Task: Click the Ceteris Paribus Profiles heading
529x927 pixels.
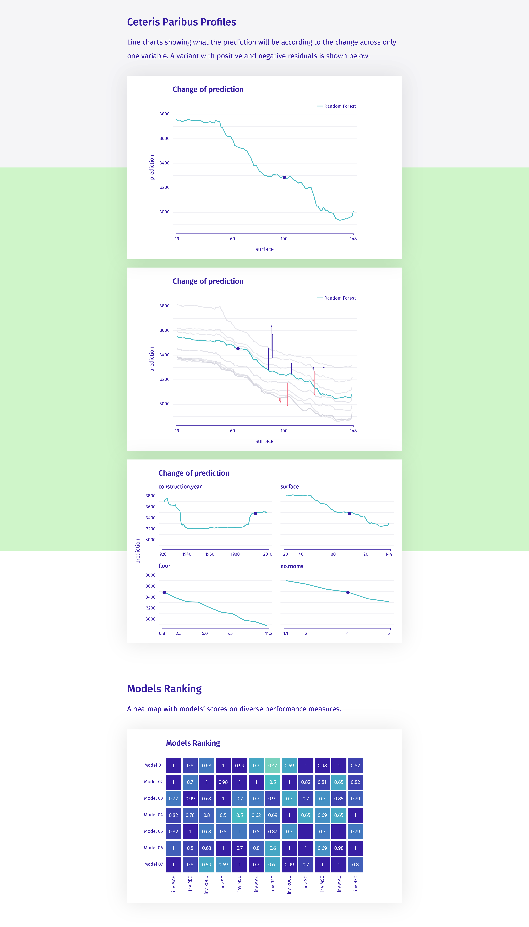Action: coord(181,22)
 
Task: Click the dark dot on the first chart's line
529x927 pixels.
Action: coord(284,177)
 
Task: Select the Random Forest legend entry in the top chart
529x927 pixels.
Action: coord(336,106)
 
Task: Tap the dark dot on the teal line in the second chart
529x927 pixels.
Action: coord(238,349)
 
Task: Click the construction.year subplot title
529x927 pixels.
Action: coord(180,486)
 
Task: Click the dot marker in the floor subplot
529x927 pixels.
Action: coord(164,592)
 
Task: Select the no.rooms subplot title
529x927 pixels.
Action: coord(292,566)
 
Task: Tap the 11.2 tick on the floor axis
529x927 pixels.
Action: coord(269,633)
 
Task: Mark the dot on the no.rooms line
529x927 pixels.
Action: coord(348,592)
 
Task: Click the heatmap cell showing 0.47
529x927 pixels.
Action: coord(273,765)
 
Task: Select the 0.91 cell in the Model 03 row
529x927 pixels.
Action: coord(273,798)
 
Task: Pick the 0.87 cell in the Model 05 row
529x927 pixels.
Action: coord(273,831)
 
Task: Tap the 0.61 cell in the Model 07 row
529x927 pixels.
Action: coord(273,864)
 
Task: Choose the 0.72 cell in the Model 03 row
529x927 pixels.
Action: coord(173,798)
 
